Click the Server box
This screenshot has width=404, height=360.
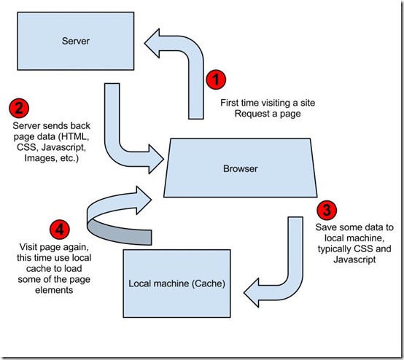pos(76,42)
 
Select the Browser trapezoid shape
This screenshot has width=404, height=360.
pos(241,168)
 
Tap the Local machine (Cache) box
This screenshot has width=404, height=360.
pos(176,283)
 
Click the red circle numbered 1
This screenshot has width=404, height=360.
pos(216,79)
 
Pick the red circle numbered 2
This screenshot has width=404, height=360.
pos(19,108)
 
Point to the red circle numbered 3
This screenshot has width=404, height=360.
pos(327,210)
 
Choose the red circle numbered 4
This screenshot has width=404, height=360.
pos(60,229)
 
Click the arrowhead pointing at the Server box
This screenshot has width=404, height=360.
pos(152,43)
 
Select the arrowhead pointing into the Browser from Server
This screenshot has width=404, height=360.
pos(156,159)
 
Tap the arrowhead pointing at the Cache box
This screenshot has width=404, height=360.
pos(251,293)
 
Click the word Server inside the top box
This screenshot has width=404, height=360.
pos(76,41)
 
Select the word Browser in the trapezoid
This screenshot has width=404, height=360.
pos(241,168)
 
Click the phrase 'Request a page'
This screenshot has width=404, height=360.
pos(268,114)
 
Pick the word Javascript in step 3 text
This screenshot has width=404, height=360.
pos(354,259)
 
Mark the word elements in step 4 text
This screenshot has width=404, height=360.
pos(54,290)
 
